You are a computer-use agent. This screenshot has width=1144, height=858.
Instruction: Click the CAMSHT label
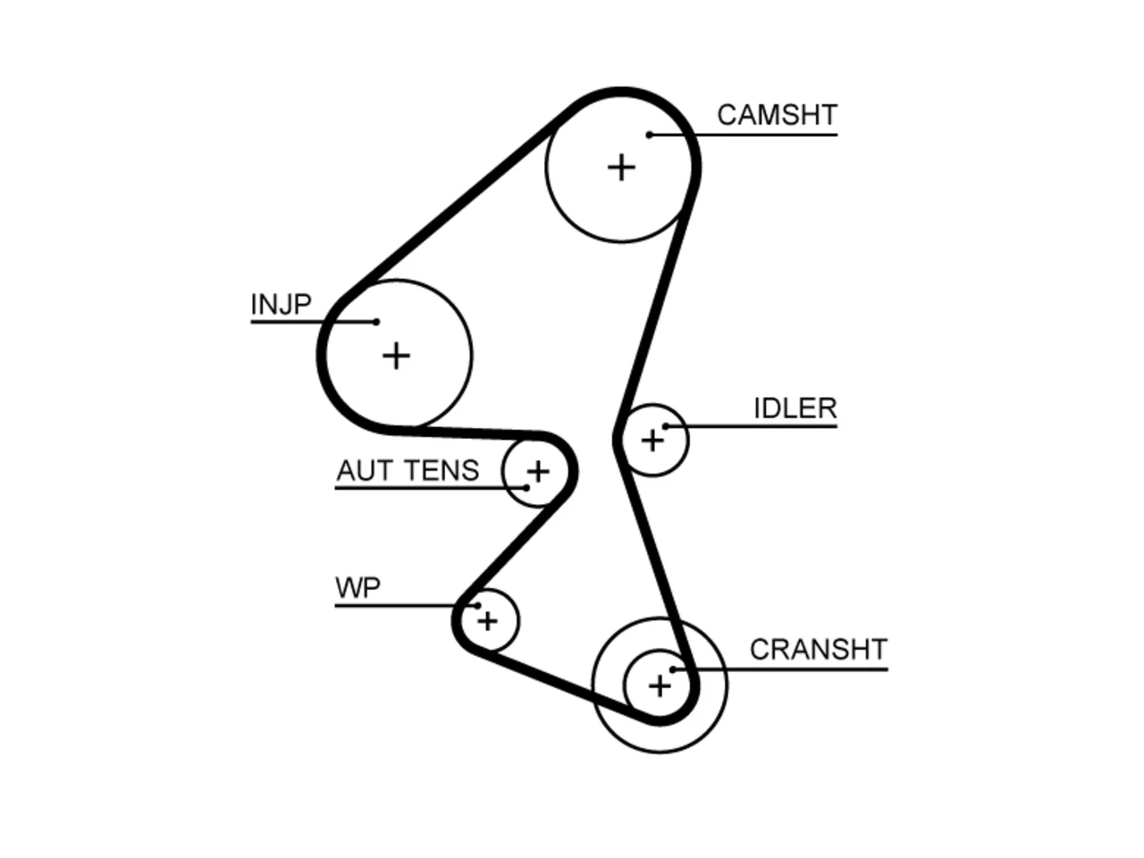click(x=777, y=115)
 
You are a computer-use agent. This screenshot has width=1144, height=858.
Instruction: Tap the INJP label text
click(x=281, y=304)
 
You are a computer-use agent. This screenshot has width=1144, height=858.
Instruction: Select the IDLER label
click(x=795, y=408)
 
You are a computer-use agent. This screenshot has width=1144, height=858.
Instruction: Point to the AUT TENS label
click(x=408, y=470)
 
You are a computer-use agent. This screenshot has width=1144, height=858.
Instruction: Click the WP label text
click(x=358, y=588)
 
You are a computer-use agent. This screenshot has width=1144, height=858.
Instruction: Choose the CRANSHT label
click(x=819, y=650)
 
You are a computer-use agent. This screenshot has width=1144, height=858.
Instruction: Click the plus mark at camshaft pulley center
click(x=621, y=167)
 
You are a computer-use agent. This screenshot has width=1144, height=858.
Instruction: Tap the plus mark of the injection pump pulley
click(x=396, y=357)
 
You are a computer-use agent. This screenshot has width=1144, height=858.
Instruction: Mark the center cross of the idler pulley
click(x=652, y=441)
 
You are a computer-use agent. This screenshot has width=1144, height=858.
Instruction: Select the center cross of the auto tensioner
click(x=538, y=472)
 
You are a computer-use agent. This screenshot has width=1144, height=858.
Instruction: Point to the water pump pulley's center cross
click(x=488, y=621)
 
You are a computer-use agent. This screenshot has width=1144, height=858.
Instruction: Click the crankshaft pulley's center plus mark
click(x=660, y=686)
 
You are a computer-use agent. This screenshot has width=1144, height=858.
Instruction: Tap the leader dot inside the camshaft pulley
click(x=649, y=135)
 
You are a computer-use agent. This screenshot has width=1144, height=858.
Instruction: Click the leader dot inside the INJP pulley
click(x=376, y=322)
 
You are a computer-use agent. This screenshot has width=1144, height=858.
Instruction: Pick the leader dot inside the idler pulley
click(x=666, y=426)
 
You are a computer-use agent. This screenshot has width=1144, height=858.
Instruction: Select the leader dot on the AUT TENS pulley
click(x=526, y=488)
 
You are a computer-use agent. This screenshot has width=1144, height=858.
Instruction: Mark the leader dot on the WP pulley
click(x=477, y=605)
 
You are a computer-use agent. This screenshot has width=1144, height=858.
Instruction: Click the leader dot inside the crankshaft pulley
click(x=673, y=669)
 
